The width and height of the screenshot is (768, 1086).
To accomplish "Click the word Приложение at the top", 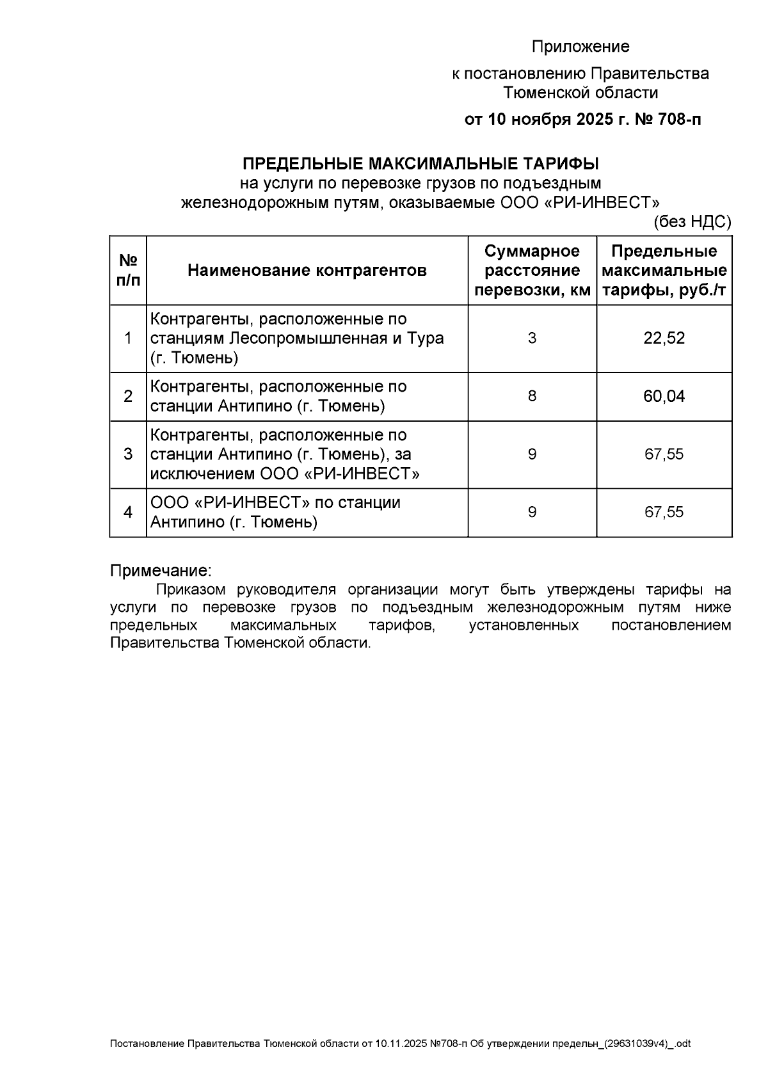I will tap(580, 47).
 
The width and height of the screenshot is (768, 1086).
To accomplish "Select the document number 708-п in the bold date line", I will tap(676, 120).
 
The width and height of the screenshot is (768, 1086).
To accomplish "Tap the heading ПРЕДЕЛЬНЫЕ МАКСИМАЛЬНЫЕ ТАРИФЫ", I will tap(420, 163).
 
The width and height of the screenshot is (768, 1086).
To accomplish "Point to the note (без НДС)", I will tap(692, 222).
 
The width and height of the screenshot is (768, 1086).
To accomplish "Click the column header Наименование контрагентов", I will tap(307, 270).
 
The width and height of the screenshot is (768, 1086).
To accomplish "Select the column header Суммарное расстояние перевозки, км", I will tap(532, 270).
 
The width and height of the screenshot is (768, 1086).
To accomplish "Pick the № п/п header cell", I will tap(128, 270).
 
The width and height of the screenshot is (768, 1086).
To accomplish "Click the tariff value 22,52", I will tap(664, 338).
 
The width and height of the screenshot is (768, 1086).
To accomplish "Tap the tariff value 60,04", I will tap(664, 396).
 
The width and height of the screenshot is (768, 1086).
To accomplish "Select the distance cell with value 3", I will tap(532, 338).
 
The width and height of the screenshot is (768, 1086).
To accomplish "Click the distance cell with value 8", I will tap(532, 396).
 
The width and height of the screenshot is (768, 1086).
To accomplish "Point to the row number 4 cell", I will tap(128, 512).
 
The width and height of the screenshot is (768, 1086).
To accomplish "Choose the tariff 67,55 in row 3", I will tap(664, 454).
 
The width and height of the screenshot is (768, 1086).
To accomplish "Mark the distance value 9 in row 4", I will tap(532, 512).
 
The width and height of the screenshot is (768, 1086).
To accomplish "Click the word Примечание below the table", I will tap(160, 570).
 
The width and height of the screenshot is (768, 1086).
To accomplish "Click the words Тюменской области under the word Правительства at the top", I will tap(580, 93).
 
